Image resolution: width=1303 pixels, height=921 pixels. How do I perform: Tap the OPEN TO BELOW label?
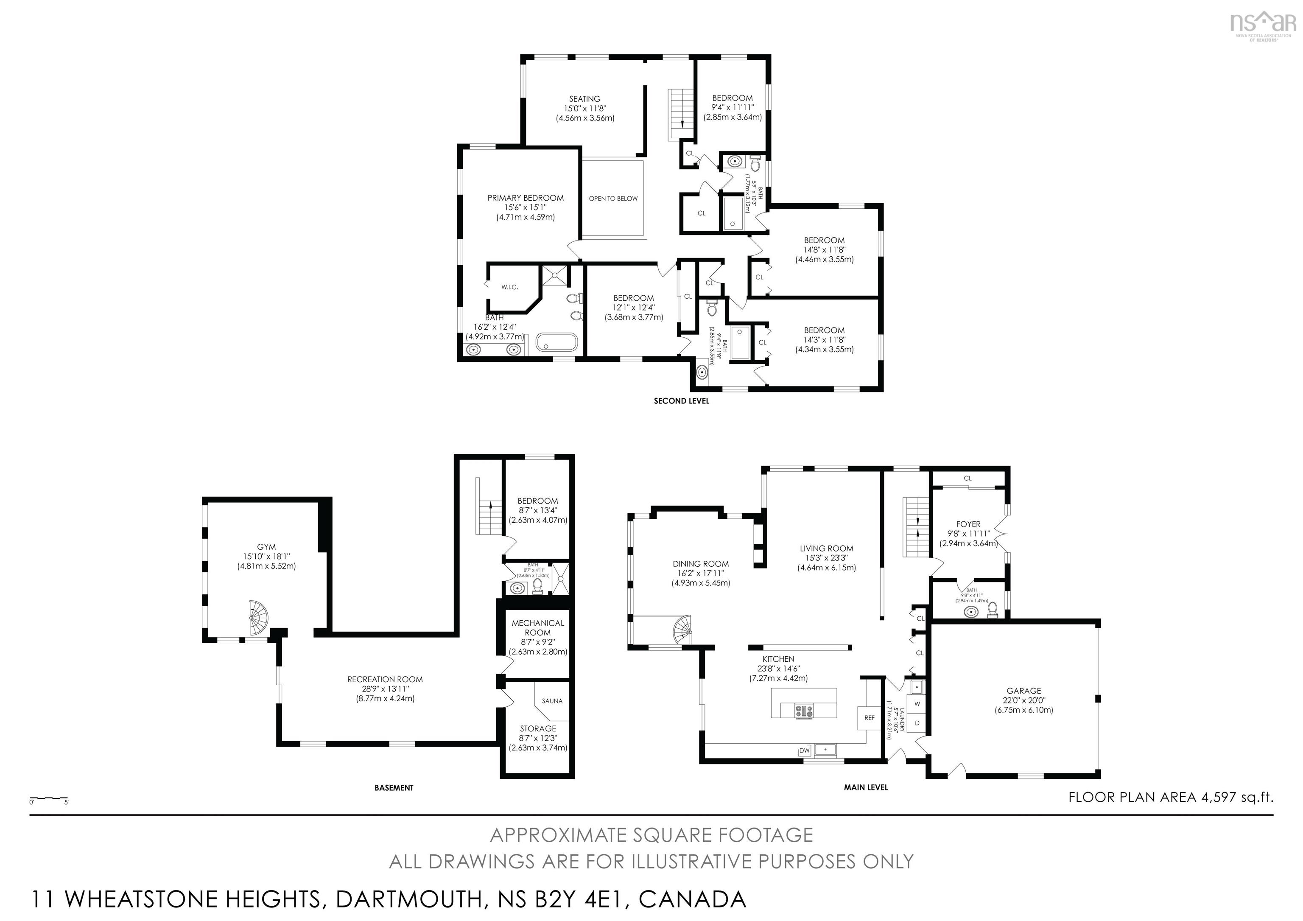coord(613,199)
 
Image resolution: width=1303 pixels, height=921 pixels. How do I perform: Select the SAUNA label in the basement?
coord(552,701)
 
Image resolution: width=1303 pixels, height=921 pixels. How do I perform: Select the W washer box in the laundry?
coord(917,704)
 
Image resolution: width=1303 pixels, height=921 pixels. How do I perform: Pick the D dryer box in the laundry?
coord(917,723)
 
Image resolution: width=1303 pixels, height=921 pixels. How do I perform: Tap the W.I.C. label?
coord(510,287)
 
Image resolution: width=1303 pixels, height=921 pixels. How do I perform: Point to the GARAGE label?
coord(1024,691)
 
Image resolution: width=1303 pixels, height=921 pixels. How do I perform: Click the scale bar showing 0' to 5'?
coord(49,799)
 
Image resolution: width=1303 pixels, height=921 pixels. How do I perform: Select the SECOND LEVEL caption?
coord(681,400)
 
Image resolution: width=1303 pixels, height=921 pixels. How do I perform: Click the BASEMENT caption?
coord(394,788)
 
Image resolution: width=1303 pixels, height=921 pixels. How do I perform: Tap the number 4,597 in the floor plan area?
coord(1218,797)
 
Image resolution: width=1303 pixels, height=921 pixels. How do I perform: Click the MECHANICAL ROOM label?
coord(537,627)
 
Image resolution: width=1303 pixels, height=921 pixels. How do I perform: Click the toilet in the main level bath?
coord(993,610)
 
